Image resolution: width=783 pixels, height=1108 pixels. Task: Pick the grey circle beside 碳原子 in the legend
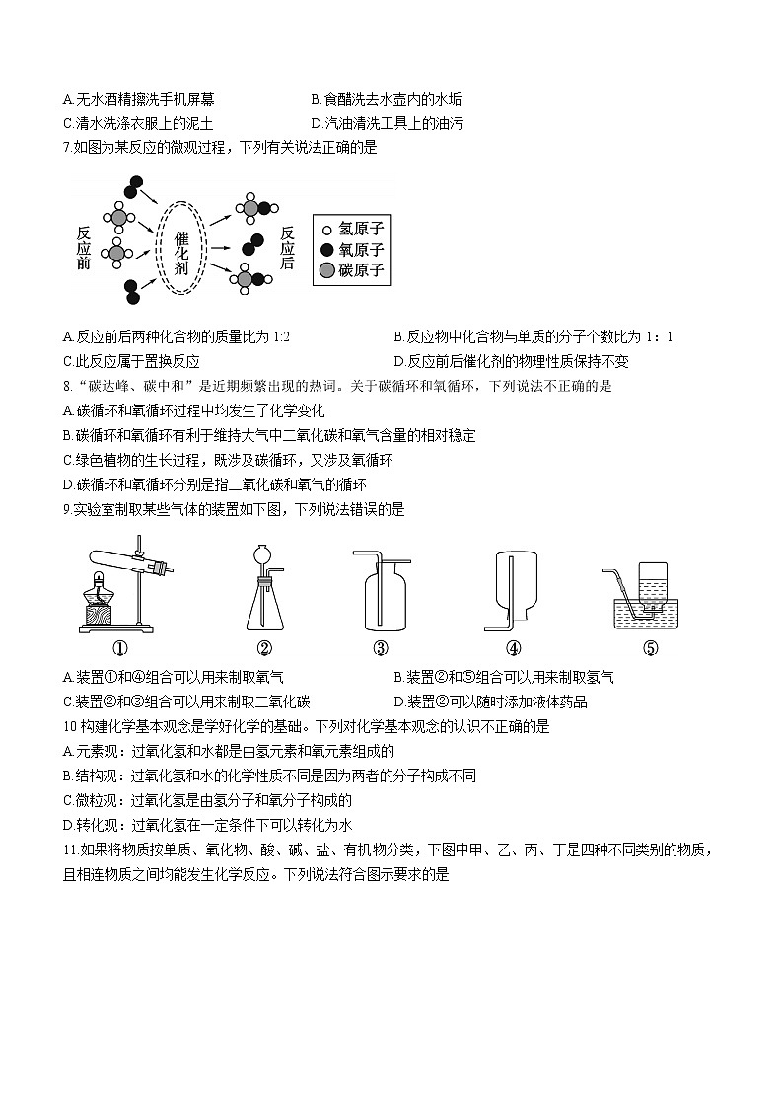click(327, 271)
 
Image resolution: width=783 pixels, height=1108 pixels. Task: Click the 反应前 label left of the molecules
click(84, 249)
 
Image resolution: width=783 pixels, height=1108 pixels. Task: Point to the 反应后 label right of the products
click(287, 249)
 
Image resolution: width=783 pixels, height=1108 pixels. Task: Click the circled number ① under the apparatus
click(119, 648)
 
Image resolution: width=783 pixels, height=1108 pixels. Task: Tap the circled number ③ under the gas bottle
click(381, 648)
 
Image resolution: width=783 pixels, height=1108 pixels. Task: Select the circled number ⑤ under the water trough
click(650, 648)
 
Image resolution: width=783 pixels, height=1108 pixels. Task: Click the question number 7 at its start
click(66, 148)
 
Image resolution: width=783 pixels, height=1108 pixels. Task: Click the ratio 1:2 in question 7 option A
click(279, 337)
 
